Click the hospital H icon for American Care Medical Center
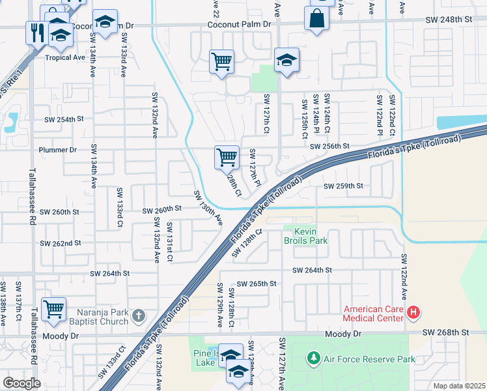[413, 313]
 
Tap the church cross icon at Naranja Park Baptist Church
[137, 316]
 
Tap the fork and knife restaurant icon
[36, 32]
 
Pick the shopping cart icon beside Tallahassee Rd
[53, 308]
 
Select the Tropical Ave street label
[65, 57]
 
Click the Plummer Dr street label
[59, 149]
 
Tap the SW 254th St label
[64, 120]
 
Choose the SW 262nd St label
[60, 243]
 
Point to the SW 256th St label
[329, 147]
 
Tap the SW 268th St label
[445, 332]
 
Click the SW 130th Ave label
[208, 208]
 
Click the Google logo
[21, 383]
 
